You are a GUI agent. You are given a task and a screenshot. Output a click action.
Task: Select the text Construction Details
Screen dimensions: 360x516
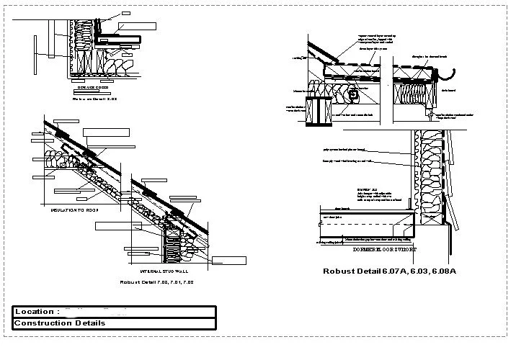(60, 323)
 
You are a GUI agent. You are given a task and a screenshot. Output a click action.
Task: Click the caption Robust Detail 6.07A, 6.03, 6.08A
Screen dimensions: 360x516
(391, 270)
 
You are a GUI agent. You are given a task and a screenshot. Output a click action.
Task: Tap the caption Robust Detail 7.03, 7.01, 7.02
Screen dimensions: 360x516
(157, 282)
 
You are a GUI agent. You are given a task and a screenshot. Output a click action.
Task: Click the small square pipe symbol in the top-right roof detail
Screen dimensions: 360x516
(354, 93)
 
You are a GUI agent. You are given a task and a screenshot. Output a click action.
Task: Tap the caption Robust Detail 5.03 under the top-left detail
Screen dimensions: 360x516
(98, 99)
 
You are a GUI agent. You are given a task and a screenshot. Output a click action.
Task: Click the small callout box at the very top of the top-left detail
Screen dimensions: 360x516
(126, 14)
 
